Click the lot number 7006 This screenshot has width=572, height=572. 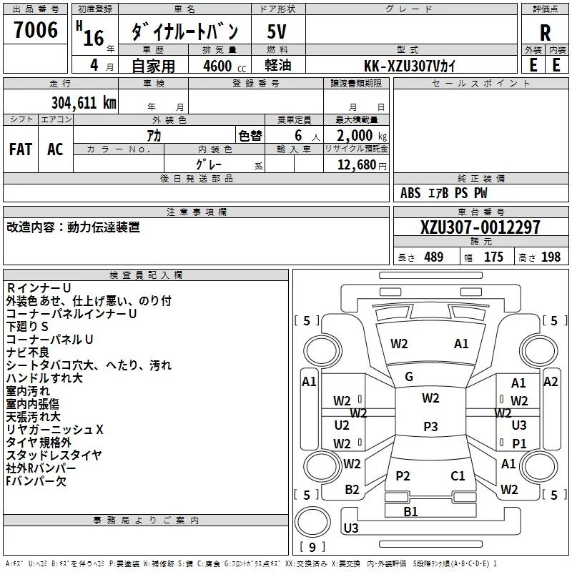click(36, 30)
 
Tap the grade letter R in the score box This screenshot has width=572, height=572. click(546, 33)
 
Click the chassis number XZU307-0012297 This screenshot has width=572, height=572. click(480, 227)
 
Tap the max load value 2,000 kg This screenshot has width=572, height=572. click(357, 135)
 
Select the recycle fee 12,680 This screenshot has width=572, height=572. click(357, 165)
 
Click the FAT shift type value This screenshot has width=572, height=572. click(21, 149)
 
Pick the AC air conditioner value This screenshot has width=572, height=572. click(55, 149)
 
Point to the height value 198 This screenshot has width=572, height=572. click(551, 257)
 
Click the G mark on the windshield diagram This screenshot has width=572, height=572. click(409, 376)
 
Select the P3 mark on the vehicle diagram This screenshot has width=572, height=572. click(430, 426)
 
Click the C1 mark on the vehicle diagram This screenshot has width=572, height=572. click(458, 475)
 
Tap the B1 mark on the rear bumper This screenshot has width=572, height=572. click(410, 511)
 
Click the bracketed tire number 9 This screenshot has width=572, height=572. click(312, 547)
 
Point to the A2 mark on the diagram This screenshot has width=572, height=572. click(551, 382)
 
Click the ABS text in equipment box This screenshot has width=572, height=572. click(410, 193)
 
